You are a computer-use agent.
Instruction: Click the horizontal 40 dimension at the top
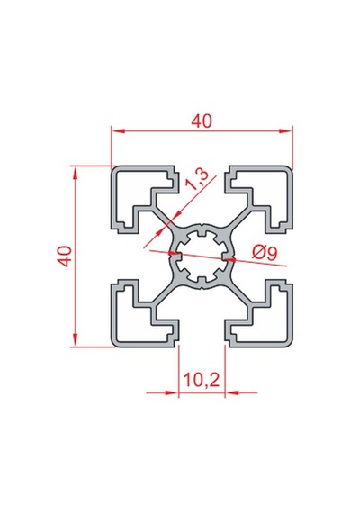tap(202, 121)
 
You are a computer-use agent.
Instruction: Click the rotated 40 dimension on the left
tap(65, 256)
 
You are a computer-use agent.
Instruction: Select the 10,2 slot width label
tap(202, 380)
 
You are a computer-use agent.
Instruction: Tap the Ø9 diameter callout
tap(265, 253)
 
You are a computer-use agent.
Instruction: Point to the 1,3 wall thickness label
tap(197, 180)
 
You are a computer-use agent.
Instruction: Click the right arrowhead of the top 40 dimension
tap(285, 131)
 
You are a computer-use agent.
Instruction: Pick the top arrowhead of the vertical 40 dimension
tap(76, 173)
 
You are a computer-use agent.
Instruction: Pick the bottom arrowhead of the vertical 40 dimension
tap(76, 339)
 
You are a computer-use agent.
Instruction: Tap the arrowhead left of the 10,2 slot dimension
tap(173, 392)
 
